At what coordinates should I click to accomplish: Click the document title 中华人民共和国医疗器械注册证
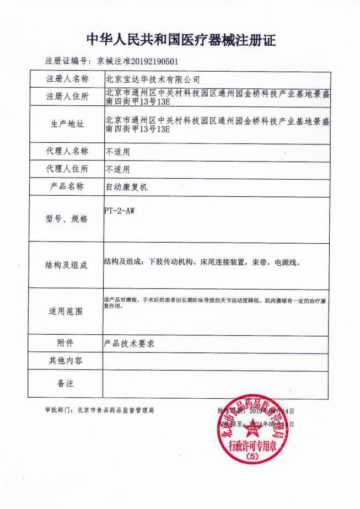tap(180, 40)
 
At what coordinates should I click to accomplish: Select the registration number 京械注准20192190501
tap(137, 61)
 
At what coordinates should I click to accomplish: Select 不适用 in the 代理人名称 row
tap(118, 151)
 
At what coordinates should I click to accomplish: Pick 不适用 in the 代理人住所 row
tap(118, 169)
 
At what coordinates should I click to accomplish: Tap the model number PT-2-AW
tap(119, 210)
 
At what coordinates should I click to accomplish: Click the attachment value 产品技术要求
tap(130, 343)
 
